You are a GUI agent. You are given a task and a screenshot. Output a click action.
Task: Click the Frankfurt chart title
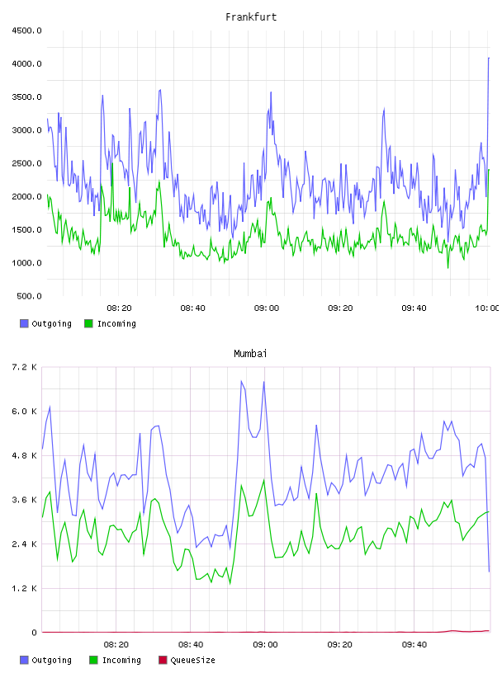tap(251, 16)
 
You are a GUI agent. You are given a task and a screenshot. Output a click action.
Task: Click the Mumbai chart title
tap(250, 353)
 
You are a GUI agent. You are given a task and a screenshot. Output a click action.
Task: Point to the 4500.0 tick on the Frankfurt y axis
tap(26, 31)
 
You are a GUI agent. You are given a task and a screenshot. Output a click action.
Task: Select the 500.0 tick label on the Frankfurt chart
tap(29, 296)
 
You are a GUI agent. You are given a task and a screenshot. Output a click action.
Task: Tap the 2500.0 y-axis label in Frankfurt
tap(26, 163)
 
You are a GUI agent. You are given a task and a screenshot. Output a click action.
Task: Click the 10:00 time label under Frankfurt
tap(486, 308)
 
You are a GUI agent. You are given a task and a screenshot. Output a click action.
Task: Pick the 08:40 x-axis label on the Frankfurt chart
tap(192, 308)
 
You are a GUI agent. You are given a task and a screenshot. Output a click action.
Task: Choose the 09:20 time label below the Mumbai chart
tap(339, 644)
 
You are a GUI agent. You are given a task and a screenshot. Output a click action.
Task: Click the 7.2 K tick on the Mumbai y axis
tap(24, 367)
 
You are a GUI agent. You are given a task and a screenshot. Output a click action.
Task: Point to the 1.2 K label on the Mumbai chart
tap(24, 588)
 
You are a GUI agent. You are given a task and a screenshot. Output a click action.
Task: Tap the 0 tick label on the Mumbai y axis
tap(34, 633)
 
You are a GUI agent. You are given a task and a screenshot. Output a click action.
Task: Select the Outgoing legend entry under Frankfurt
tap(45, 323)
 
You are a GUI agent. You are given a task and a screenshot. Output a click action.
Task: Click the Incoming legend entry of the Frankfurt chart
tap(111, 323)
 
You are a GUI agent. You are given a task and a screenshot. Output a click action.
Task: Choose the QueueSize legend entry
tap(187, 660)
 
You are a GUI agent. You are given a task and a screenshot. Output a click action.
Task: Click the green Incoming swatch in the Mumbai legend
tap(93, 660)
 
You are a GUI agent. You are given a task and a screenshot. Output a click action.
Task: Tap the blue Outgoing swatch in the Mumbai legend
tap(24, 660)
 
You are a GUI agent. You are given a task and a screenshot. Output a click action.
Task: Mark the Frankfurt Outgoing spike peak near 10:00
tap(489, 58)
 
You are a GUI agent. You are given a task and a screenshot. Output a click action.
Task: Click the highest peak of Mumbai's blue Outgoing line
tap(241, 381)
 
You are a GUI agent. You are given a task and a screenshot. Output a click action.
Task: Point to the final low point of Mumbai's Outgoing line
tap(490, 572)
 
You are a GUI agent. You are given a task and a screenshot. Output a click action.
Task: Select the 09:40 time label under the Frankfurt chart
tap(414, 308)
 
